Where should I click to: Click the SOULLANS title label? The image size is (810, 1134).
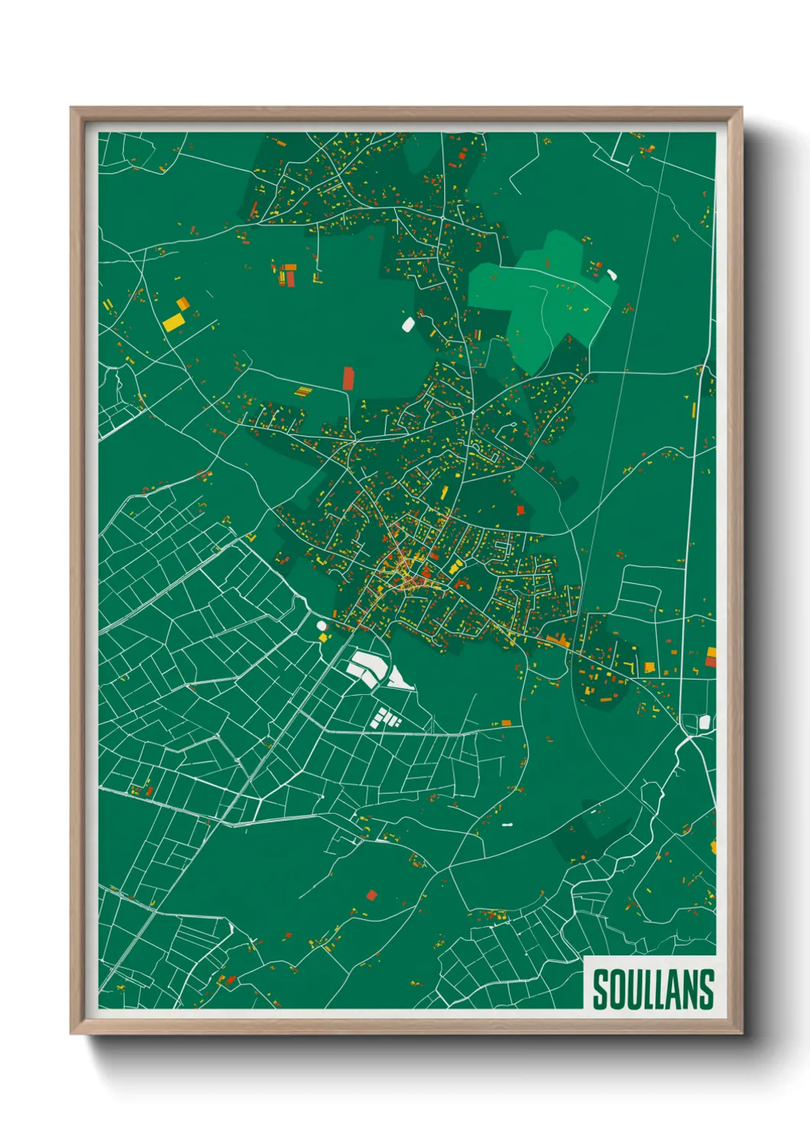pyautogui.click(x=652, y=989)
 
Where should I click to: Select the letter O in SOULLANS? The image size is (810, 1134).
pyautogui.click(x=615, y=989)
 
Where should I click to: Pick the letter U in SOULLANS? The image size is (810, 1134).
pyautogui.click(x=630, y=989)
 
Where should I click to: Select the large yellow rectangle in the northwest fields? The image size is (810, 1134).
pyautogui.click(x=173, y=321)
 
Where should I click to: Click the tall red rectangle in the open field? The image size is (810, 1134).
pyautogui.click(x=348, y=379)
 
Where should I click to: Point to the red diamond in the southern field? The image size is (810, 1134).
pyautogui.click(x=372, y=894)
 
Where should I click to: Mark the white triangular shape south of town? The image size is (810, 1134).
pyautogui.click(x=399, y=680)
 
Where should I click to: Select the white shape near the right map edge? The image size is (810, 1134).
pyautogui.click(x=705, y=722)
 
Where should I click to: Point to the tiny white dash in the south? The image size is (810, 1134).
pyautogui.click(x=506, y=825)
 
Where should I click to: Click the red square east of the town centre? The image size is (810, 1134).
pyautogui.click(x=521, y=510)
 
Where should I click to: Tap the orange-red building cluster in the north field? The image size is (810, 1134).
pyautogui.click(x=287, y=274)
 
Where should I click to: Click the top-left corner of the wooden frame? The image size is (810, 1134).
pyautogui.click(x=72, y=109)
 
